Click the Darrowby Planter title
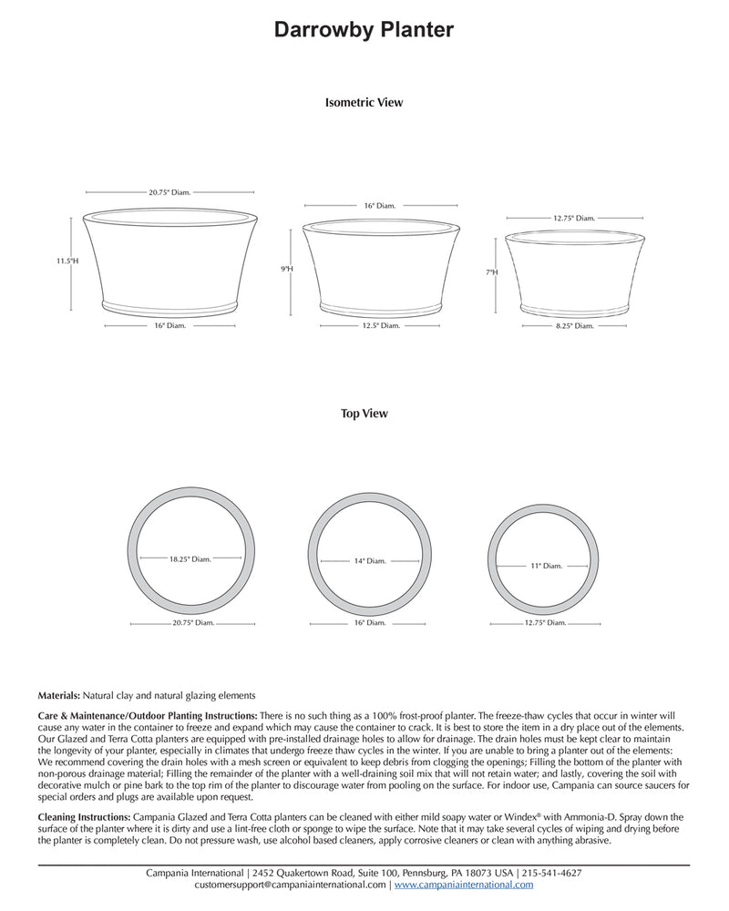(364, 31)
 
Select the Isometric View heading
(364, 103)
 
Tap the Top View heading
(364, 414)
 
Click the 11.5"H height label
(67, 261)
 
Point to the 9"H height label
(287, 270)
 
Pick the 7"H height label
(491, 272)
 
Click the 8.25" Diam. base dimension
(574, 325)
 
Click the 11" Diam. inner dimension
(547, 566)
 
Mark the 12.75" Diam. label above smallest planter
(574, 219)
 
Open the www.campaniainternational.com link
(464, 885)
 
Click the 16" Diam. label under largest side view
(171, 325)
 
